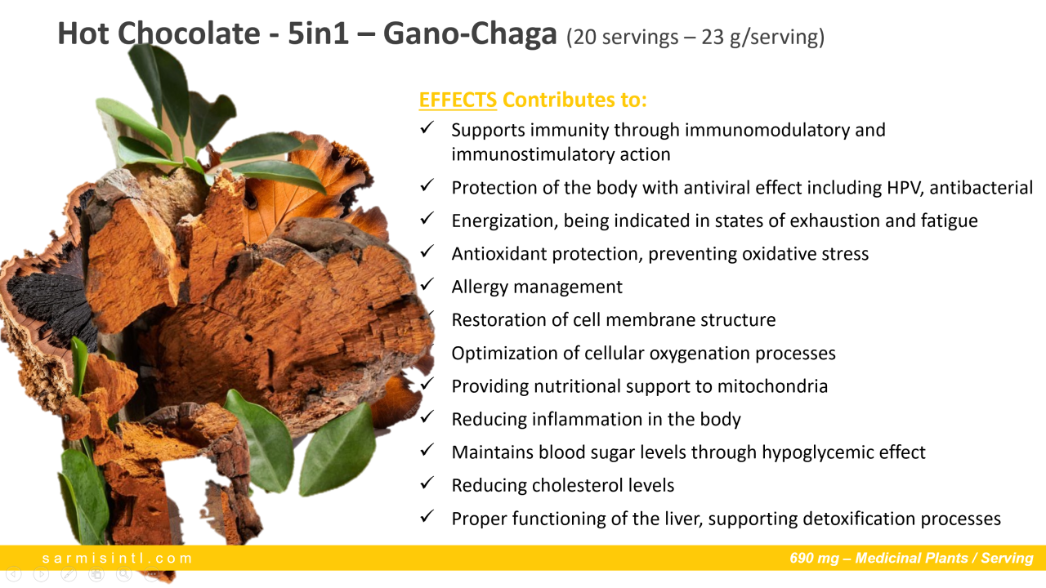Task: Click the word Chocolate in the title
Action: pos(189,33)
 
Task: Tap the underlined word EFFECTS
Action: pos(458,100)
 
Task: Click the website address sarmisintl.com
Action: pos(117,558)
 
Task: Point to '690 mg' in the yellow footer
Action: pos(815,558)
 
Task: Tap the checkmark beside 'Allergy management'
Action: pos(427,284)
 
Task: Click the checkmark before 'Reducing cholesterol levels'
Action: pos(427,483)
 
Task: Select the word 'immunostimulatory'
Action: pos(533,154)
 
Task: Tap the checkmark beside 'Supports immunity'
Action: pos(427,127)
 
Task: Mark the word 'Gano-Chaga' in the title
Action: pos(470,34)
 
